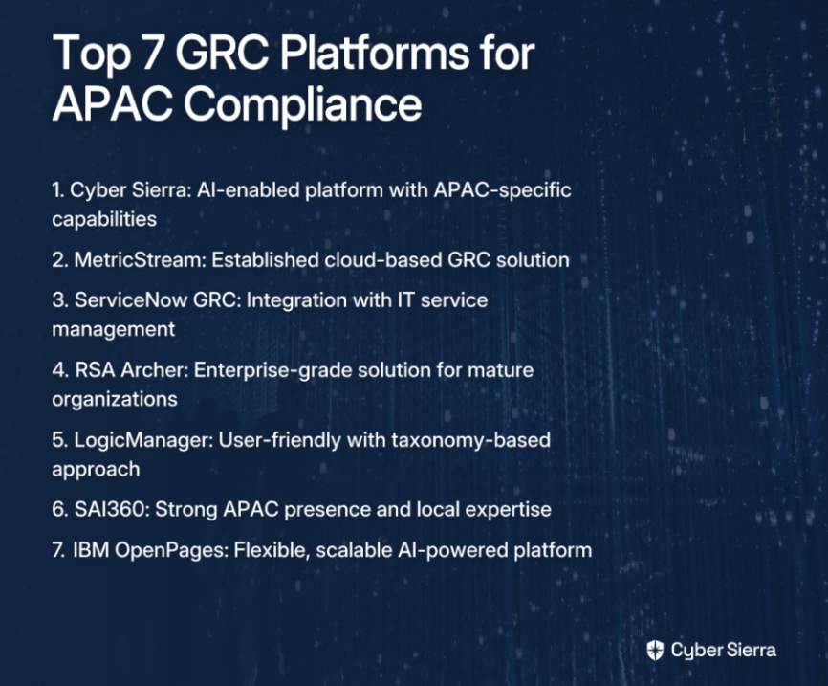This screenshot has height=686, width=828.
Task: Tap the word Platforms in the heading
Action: coord(374,53)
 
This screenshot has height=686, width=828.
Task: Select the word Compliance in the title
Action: coord(302,104)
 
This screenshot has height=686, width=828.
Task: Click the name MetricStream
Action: coord(140,260)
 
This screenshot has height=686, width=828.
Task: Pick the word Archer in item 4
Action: coord(154,370)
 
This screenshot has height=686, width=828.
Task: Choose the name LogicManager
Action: coord(143,441)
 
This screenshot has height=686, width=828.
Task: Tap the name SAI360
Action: coord(112,510)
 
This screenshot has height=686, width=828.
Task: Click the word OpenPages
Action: coord(171,551)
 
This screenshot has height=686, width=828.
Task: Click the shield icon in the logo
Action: coord(655,650)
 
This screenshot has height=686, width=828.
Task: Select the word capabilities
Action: coord(104,219)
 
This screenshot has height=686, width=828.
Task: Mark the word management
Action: coord(114,330)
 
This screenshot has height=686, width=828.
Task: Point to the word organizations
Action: coord(115,400)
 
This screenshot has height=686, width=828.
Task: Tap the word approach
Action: coord(96,470)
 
